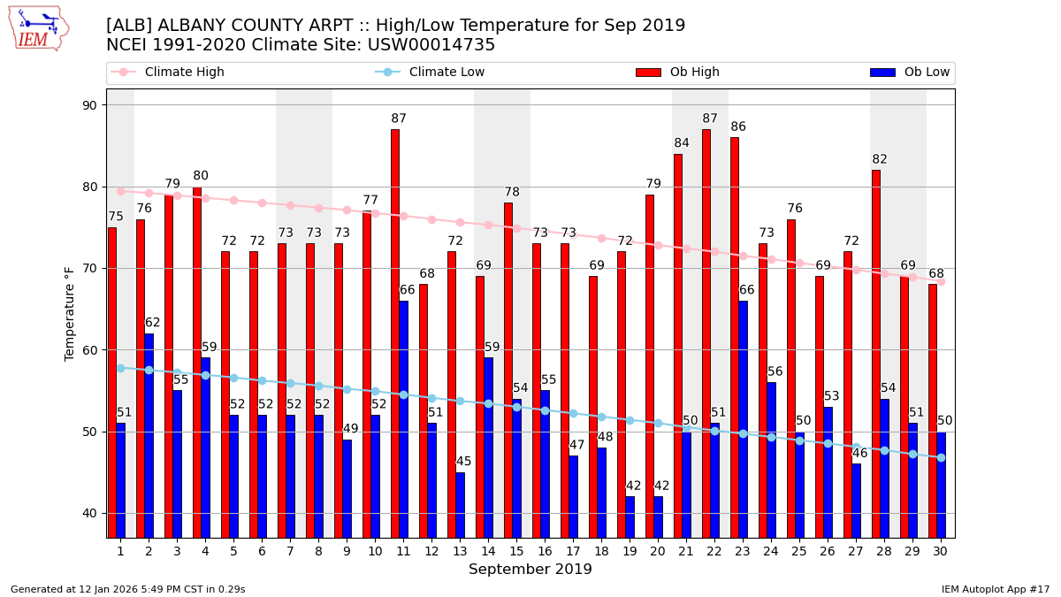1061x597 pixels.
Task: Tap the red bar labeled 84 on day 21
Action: (x=678, y=346)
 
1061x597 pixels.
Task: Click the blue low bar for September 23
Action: (x=743, y=419)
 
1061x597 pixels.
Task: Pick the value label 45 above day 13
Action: (x=463, y=462)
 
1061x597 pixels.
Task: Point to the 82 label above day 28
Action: (x=880, y=160)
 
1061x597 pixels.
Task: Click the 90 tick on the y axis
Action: (x=89, y=105)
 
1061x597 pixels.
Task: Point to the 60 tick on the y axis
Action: (x=89, y=350)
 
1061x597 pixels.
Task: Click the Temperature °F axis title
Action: (x=70, y=313)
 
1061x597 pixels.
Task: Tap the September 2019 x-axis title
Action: (x=530, y=570)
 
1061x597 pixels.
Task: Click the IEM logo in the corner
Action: (x=38, y=28)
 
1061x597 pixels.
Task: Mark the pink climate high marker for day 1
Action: (x=120, y=191)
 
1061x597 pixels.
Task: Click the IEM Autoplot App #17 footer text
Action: (x=995, y=589)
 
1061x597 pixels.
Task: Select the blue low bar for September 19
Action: (x=630, y=517)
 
